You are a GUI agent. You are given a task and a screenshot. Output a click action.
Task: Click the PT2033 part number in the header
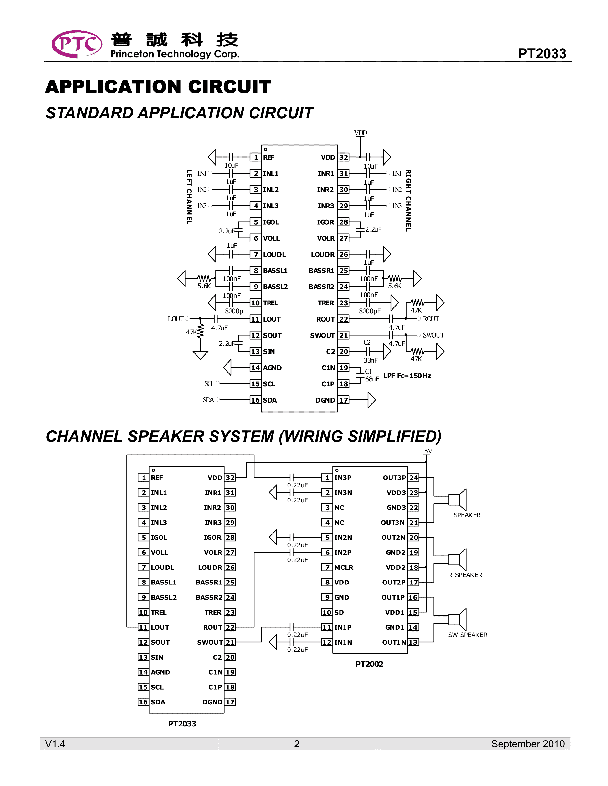pos(542,54)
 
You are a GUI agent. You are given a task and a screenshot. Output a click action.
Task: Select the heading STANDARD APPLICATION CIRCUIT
pos(179,113)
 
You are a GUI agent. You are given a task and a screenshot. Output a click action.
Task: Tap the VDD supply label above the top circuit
pos(360,133)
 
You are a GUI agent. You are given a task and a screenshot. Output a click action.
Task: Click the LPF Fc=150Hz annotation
pos(407,376)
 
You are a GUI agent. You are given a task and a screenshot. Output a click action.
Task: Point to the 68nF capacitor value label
pos(372,379)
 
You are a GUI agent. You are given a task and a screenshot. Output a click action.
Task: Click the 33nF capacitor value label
pos(371,360)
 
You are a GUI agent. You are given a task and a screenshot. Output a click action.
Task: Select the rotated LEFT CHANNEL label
pos(189,197)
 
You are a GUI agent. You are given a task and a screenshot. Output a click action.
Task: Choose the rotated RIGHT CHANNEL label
pos(408,201)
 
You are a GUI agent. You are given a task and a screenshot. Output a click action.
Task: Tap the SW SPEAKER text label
pos(468,635)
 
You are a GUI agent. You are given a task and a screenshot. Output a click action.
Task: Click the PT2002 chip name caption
pos(369,664)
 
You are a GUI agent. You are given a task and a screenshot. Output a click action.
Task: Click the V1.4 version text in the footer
pos(55,744)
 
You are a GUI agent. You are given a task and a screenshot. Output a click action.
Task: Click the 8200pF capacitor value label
pos(370,311)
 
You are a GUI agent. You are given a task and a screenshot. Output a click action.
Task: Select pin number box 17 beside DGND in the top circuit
pos(344,400)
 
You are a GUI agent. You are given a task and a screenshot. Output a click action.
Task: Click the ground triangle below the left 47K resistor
pos(200,355)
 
